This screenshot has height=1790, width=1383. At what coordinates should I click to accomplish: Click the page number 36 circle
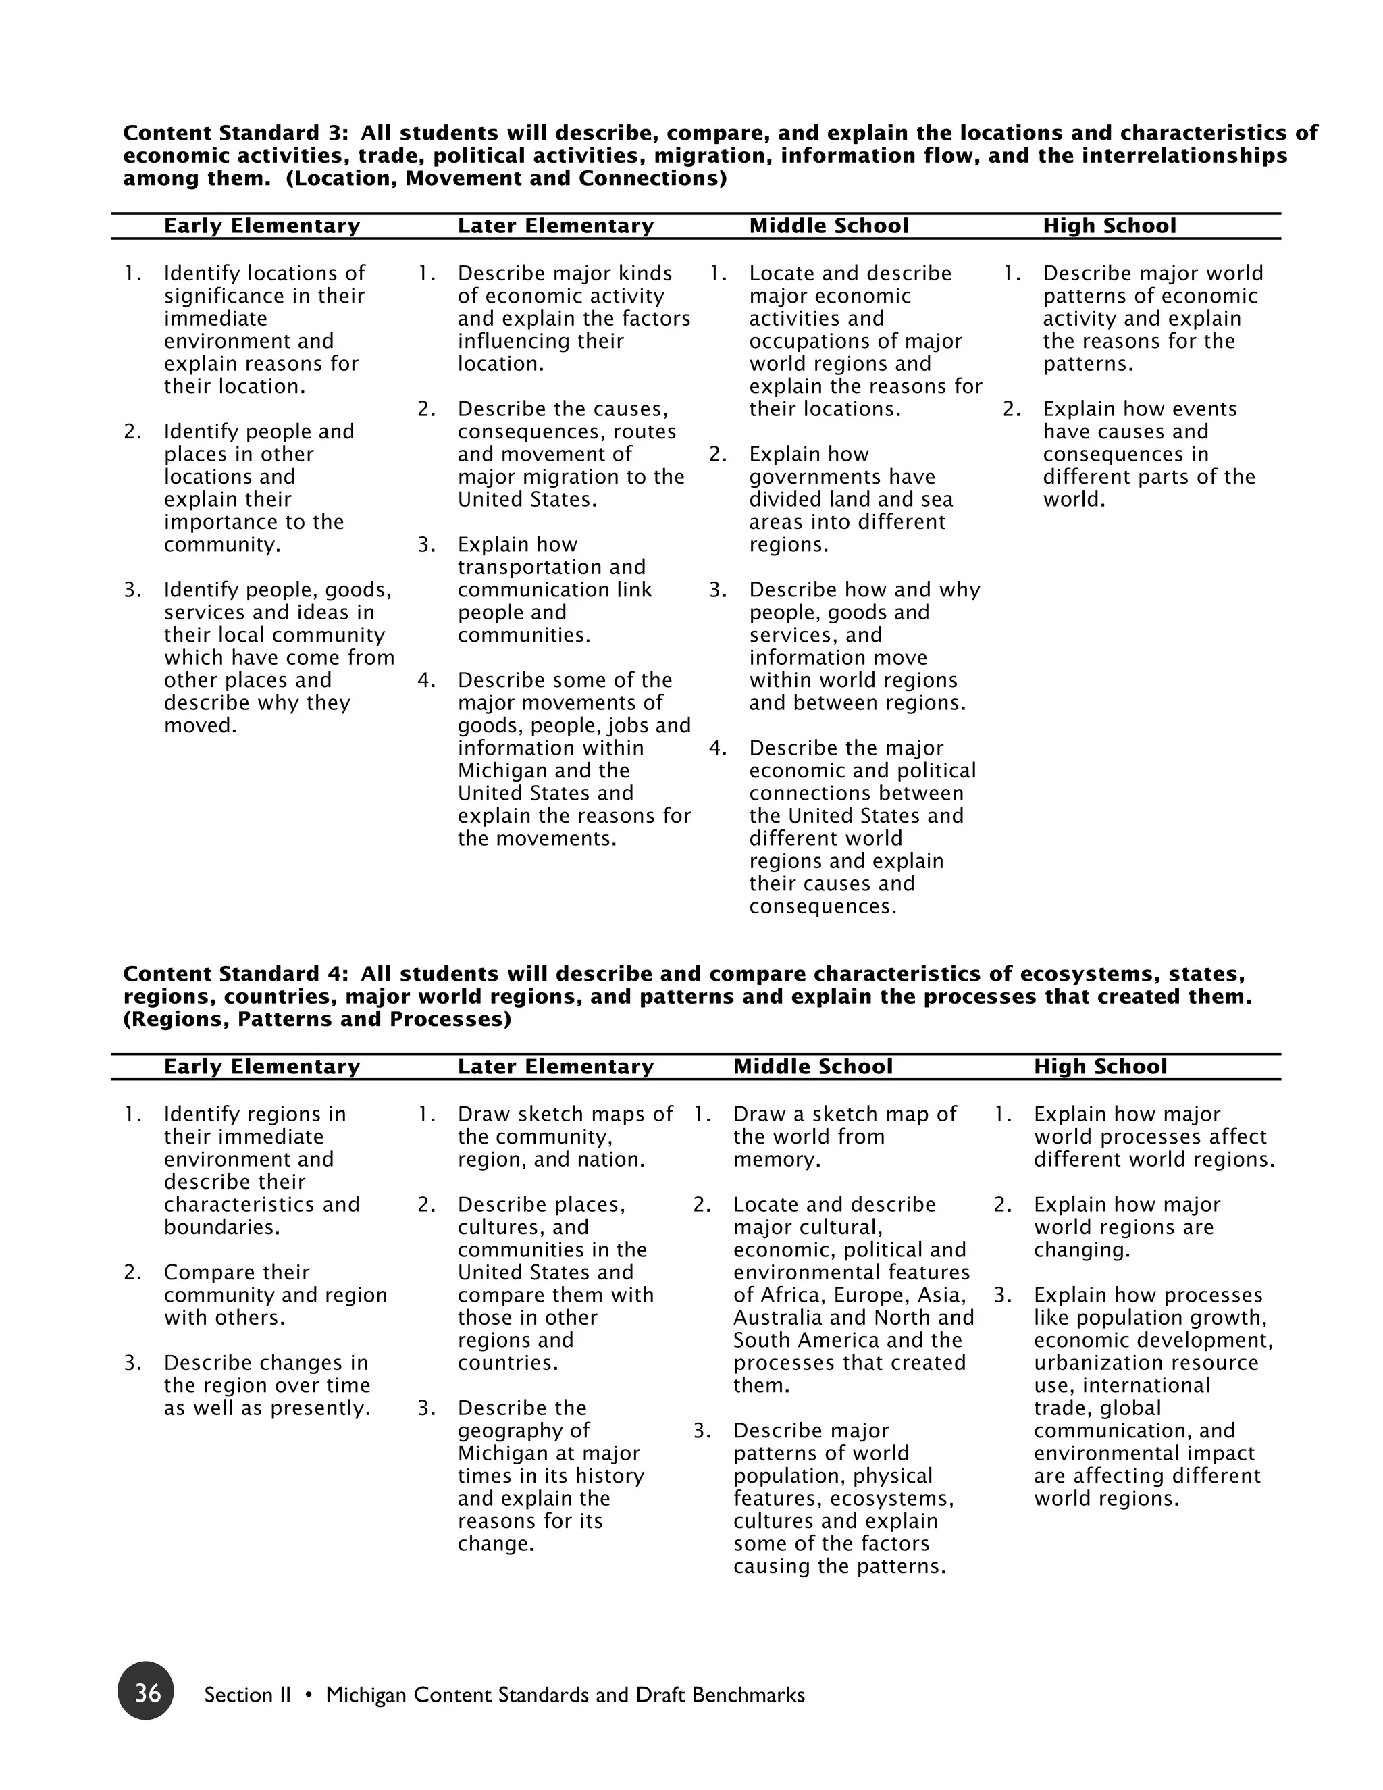click(146, 1691)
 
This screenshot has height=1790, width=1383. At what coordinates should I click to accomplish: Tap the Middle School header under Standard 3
click(829, 226)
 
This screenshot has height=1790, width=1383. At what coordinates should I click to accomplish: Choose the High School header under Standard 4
click(1099, 1067)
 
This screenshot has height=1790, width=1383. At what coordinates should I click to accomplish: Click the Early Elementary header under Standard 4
click(261, 1067)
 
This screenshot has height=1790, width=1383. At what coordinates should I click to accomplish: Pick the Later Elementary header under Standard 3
click(556, 226)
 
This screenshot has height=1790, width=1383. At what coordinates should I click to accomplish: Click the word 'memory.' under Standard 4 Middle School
click(777, 1160)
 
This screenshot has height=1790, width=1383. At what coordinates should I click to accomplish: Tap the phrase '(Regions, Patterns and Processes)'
click(317, 1019)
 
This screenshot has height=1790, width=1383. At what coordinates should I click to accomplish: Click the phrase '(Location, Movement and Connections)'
click(506, 179)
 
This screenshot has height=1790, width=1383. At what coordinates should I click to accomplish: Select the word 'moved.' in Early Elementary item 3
click(200, 725)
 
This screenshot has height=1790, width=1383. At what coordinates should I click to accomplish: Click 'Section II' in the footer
click(247, 1695)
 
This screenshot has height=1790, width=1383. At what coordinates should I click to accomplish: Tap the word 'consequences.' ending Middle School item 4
click(823, 906)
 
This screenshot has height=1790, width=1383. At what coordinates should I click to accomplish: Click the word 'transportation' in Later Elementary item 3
click(552, 567)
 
